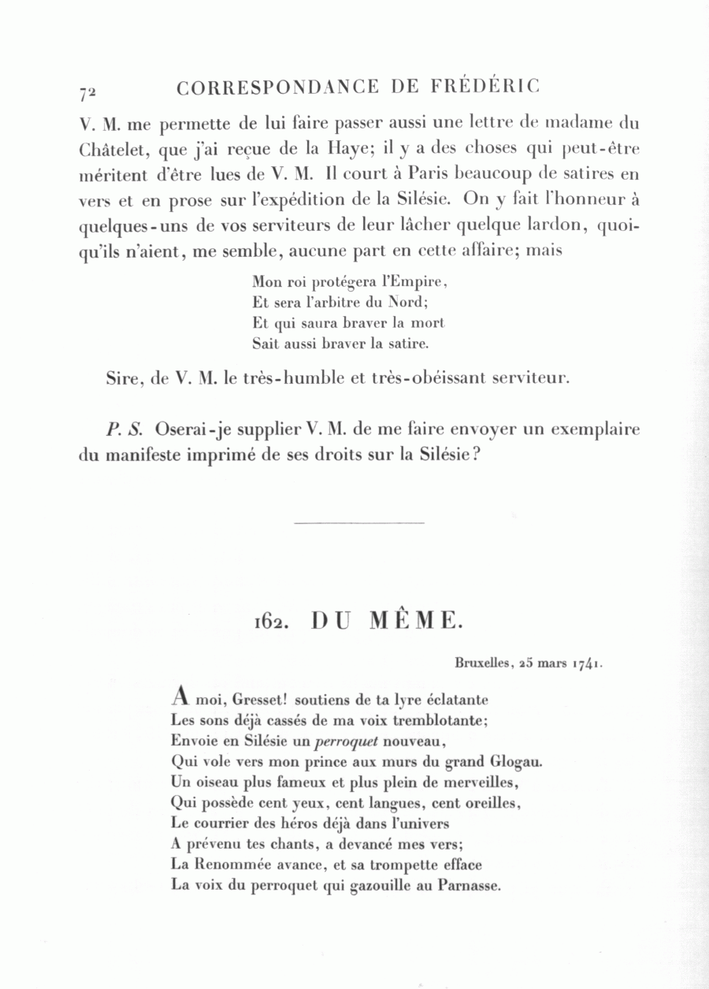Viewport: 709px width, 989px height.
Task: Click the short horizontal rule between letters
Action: click(358, 522)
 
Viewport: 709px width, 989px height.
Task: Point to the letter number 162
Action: click(269, 622)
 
